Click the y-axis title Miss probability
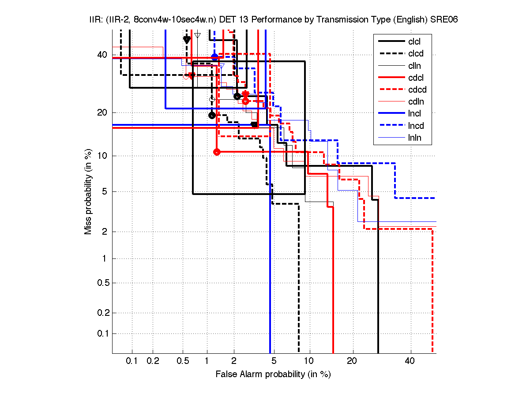click(x=89, y=191)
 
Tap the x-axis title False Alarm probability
click(x=273, y=374)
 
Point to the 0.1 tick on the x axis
click(x=132, y=361)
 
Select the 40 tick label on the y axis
click(x=102, y=55)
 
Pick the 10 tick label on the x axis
click(x=310, y=361)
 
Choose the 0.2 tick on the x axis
click(x=153, y=361)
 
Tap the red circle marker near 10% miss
click(x=217, y=152)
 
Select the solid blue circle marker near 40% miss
click(x=215, y=57)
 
